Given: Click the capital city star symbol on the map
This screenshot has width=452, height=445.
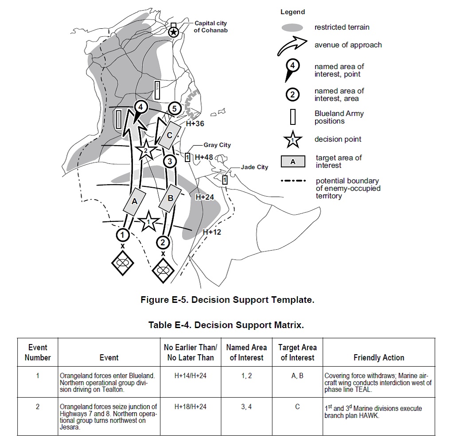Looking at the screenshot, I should [174, 31].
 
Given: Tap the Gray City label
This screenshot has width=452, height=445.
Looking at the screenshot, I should [217, 145].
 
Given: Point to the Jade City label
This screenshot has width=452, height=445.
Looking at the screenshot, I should [255, 167].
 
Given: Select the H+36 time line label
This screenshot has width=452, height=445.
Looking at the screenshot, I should [195, 124].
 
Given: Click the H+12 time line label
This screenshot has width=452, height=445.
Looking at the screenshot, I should [212, 231].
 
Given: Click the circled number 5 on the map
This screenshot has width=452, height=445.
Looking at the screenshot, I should [174, 108].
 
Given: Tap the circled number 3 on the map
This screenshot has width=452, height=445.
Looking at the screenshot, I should [169, 161].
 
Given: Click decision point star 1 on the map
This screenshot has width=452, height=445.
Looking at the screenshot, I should [148, 222].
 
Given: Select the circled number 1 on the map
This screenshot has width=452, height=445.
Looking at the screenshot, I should [123, 234].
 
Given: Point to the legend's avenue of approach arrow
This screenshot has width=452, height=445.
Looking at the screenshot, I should [292, 46].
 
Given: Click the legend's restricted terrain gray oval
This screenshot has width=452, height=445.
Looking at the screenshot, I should [292, 27].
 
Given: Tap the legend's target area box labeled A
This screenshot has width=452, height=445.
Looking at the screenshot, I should [293, 162].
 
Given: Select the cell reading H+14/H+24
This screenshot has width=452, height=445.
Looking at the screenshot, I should [190, 375].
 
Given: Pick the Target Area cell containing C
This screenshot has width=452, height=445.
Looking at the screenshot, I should [297, 406].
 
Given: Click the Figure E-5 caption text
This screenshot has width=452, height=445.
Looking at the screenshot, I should [227, 300].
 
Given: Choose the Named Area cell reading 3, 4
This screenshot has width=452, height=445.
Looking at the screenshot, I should [246, 406].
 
